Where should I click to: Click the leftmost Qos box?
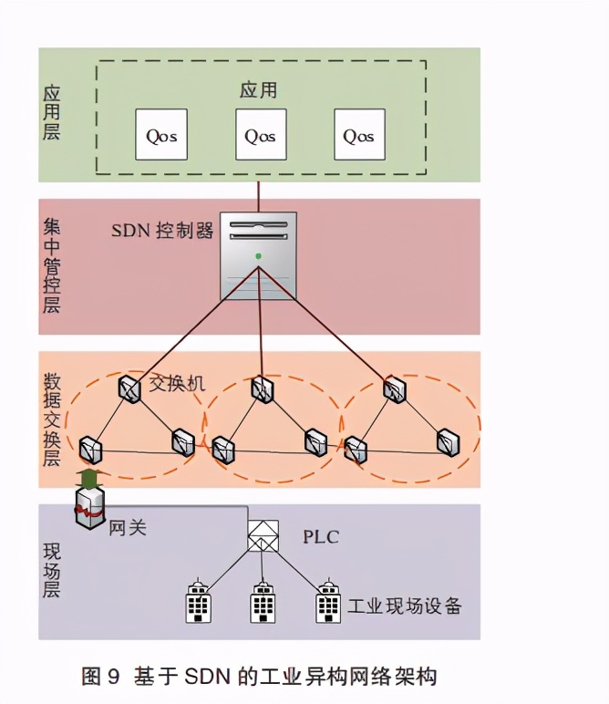coord(161,135)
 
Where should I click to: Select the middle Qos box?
coord(260,135)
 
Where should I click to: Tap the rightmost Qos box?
coord(358,135)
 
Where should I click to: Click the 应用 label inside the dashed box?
coord(258,90)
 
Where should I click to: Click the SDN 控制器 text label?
coord(162,231)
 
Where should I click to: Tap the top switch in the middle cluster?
coord(263,389)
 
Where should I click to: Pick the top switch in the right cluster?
coord(394,390)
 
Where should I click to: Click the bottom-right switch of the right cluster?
coord(448,443)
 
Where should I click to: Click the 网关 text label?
coord(128,527)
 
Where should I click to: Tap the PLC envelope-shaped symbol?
coord(263,535)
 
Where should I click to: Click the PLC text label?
coord(321,536)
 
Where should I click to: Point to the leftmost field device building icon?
coord(199,602)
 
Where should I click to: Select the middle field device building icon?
coord(263,602)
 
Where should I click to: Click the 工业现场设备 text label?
coord(405,606)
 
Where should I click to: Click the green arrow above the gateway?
coord(88,478)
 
